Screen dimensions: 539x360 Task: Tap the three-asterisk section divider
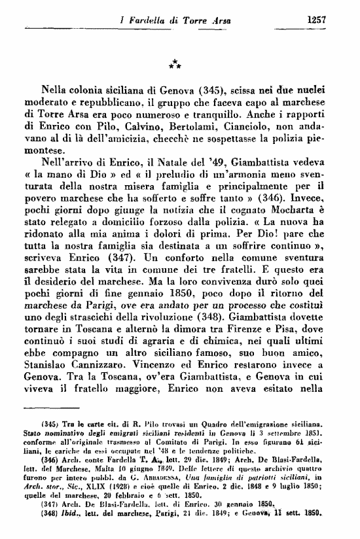click(175, 63)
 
